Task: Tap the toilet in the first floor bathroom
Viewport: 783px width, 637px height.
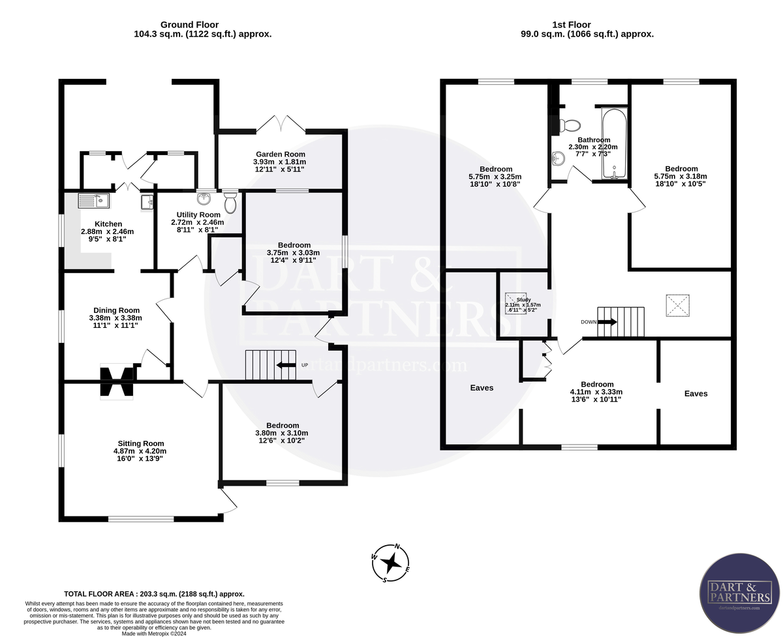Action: coord(570,125)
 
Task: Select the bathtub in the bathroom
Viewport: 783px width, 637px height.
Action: coord(613,143)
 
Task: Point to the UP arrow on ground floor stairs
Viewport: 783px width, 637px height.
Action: coord(286,365)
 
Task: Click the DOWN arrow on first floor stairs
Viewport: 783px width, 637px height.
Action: coord(607,321)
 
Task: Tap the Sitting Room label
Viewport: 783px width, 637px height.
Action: coord(140,443)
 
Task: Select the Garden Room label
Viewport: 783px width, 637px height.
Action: coord(279,154)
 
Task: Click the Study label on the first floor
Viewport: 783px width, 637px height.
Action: coord(523,300)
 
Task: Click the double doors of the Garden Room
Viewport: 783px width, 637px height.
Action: coord(281,124)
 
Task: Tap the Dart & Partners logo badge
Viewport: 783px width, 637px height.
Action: coord(739,594)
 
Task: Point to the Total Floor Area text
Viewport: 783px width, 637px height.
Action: coord(154,594)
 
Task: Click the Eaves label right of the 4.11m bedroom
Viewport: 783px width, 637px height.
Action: coord(696,393)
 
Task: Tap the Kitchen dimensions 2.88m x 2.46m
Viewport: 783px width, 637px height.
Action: coord(107,231)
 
